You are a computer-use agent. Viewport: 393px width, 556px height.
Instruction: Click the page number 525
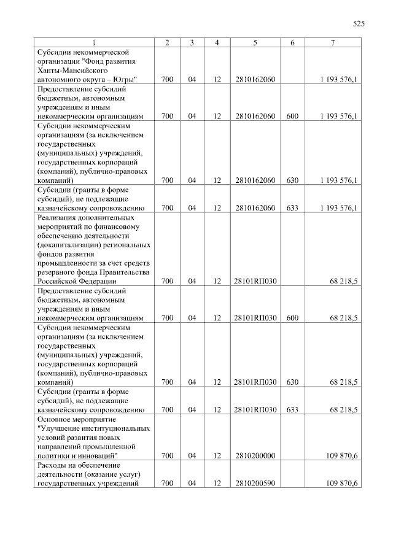[359, 24]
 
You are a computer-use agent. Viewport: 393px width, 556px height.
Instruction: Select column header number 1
[93, 42]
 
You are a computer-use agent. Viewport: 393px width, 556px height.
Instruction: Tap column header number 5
[254, 42]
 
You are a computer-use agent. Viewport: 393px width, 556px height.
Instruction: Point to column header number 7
[332, 42]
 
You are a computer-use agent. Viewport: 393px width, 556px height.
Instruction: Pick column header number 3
[192, 42]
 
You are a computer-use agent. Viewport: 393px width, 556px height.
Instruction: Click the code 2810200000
[254, 456]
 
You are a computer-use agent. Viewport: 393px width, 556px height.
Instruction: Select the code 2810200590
[254, 484]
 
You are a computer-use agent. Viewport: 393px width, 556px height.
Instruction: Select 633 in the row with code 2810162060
[292, 208]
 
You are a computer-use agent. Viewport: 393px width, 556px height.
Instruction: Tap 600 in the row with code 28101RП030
[292, 318]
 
